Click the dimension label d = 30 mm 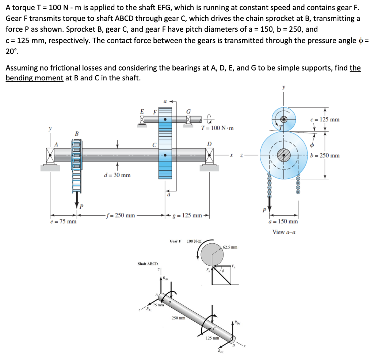117,175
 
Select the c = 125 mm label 325,120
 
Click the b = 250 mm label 325,155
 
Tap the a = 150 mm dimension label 283,221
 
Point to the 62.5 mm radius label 230,247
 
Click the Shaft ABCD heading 148,264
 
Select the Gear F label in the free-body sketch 175,241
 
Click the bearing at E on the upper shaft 142,119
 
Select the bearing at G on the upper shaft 188,119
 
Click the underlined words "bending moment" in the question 34,78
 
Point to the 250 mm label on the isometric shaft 179,318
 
